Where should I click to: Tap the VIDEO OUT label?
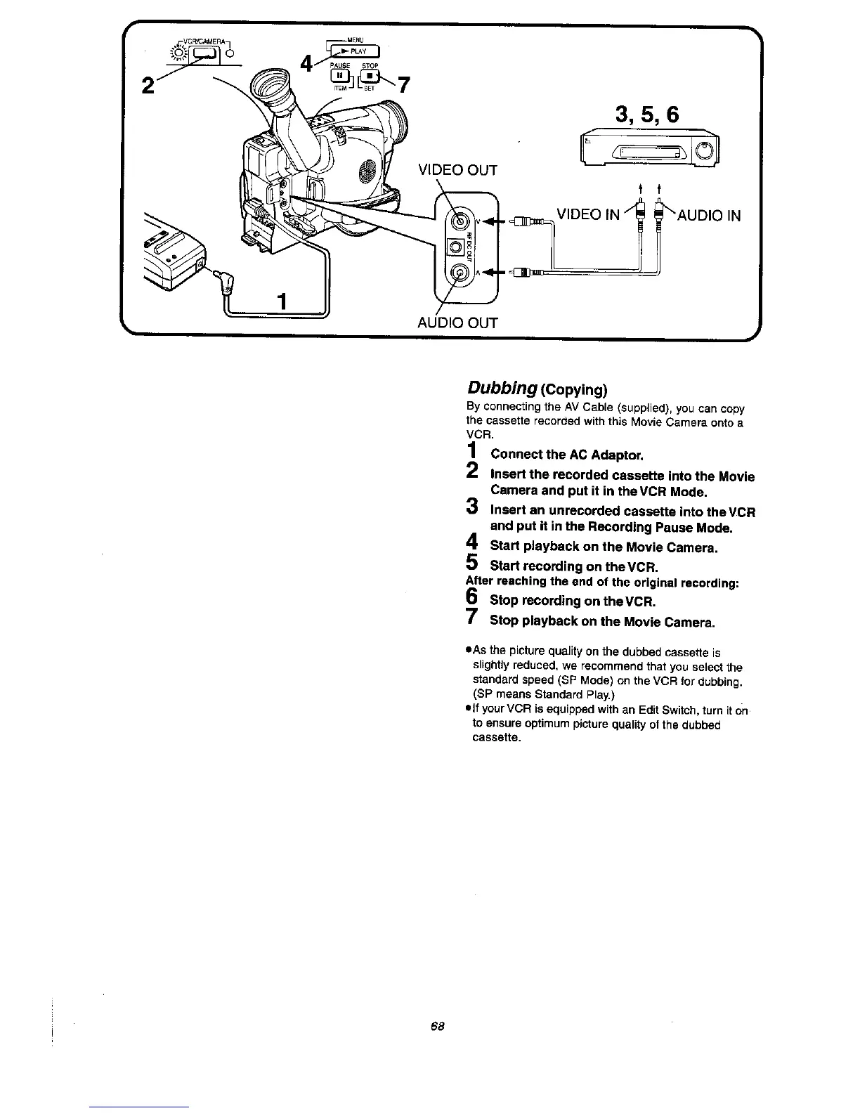457,171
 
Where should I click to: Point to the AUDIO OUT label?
457,323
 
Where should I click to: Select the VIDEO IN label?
588,214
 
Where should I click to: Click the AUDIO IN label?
709,215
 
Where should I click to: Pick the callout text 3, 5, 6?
646,114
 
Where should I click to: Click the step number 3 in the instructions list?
473,506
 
